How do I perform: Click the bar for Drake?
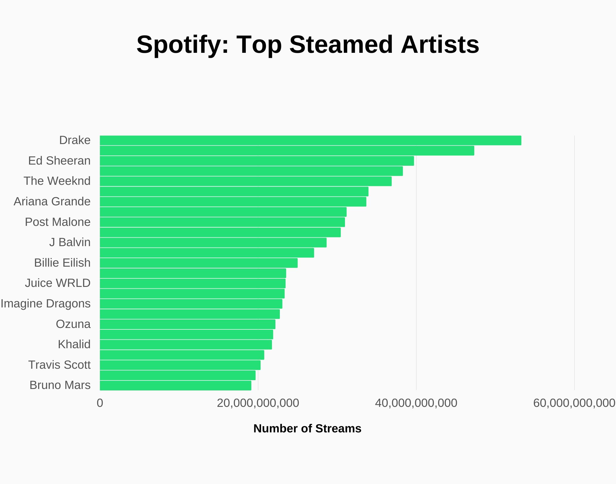click(310, 141)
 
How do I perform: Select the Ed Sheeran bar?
click(257, 161)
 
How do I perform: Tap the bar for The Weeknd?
click(246, 181)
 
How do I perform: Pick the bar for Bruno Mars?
click(175, 385)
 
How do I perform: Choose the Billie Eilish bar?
click(199, 263)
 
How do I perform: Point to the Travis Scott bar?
click(180, 365)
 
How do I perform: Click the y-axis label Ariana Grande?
click(52, 202)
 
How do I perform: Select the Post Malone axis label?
click(58, 222)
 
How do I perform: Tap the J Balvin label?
click(70, 242)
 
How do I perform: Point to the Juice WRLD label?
click(58, 283)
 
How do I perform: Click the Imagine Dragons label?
click(46, 304)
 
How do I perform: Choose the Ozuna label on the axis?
click(73, 324)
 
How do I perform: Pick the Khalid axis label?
click(74, 344)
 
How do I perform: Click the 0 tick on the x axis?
click(100, 403)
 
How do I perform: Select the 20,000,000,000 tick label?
click(258, 403)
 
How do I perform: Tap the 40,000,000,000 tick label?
click(416, 403)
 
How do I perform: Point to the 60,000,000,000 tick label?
click(574, 403)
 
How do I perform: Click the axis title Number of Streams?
click(307, 429)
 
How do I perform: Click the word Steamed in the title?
click(341, 45)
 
